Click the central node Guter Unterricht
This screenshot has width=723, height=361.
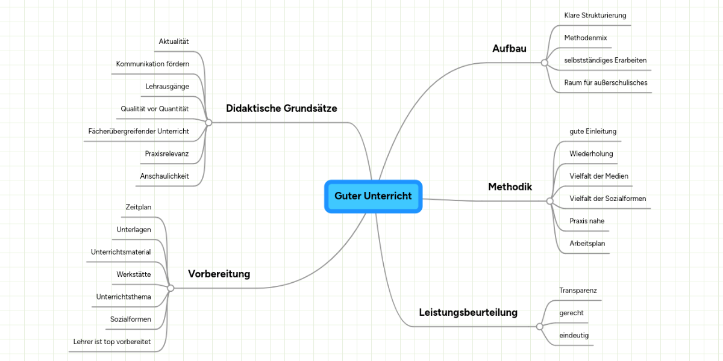373,196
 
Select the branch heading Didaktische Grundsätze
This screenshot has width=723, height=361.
281,108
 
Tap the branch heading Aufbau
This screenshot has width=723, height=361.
509,49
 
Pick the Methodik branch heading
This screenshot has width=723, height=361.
510,187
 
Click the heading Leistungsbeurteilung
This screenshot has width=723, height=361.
468,312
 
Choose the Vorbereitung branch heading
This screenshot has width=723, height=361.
219,274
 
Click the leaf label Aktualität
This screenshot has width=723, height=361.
174,42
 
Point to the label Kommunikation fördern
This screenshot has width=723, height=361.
152,64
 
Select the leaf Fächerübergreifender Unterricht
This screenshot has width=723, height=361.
139,131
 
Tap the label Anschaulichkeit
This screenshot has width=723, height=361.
164,176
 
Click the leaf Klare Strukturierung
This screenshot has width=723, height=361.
595,15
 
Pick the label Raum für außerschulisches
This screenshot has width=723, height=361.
606,82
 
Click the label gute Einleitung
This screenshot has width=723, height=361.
593,131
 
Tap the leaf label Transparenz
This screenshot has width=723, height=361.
578,291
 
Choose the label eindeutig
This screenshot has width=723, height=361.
574,335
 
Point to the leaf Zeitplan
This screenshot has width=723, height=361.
138,207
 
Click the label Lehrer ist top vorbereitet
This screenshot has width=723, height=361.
111,342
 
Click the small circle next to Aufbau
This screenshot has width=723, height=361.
544,63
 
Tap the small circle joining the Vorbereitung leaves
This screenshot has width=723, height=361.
171,288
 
